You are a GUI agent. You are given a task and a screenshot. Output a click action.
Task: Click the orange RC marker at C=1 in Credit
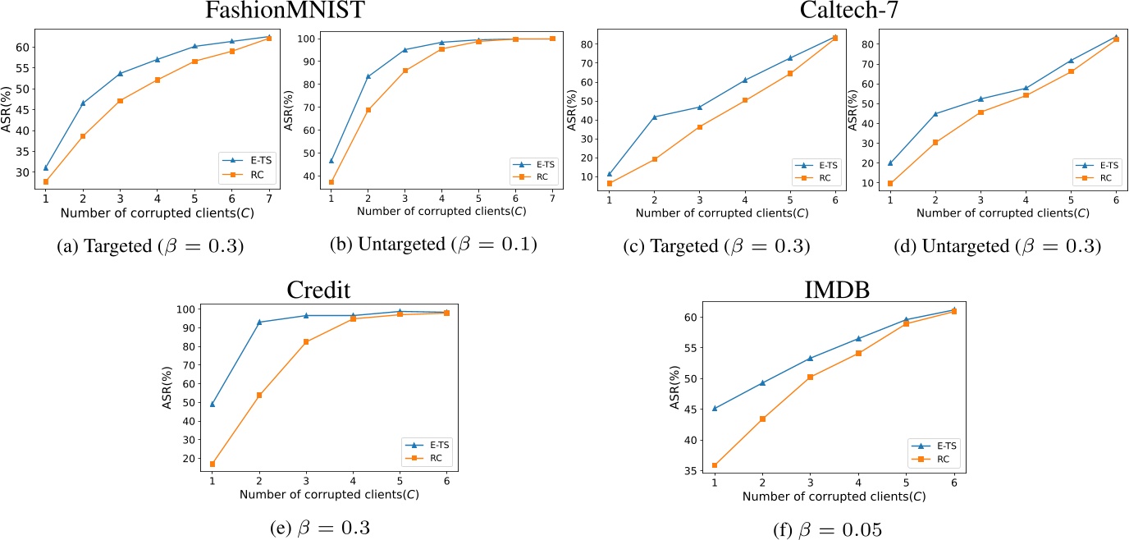[x=213, y=464]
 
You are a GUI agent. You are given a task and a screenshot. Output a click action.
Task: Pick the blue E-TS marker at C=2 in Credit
[x=260, y=322]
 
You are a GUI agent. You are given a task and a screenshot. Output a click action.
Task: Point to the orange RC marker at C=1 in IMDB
[x=715, y=465]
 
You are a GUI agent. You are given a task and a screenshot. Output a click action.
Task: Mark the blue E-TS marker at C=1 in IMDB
[x=715, y=408]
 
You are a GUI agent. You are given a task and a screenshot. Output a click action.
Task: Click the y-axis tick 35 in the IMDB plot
[x=693, y=472]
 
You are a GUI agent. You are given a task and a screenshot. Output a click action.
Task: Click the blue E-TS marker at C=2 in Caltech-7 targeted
[x=654, y=117]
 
